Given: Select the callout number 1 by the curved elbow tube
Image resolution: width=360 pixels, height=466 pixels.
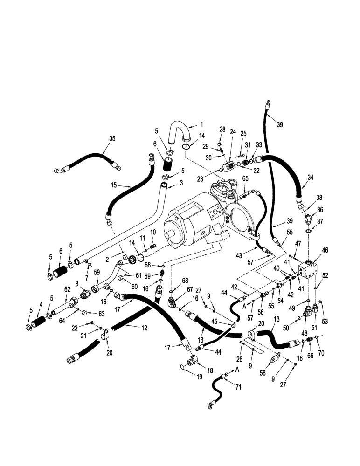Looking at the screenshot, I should [x=202, y=124].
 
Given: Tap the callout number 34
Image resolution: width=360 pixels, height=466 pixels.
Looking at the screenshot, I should [x=311, y=177].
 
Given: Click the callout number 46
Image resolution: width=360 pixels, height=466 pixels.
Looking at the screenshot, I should [x=325, y=251].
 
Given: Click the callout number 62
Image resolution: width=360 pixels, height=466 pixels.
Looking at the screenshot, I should [x=67, y=289].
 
